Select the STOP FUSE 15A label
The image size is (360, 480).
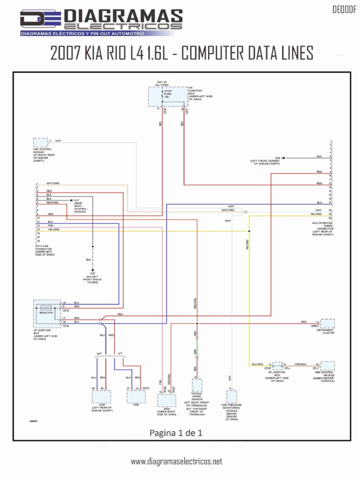pos(168,94)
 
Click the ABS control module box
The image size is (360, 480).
pos(41,142)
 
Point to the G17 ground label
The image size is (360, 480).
pos(77,200)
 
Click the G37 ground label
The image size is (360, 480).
pos(92,273)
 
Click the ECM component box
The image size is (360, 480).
pos(102,396)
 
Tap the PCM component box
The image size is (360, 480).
pos(136,396)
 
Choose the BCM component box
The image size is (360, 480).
pos(167,401)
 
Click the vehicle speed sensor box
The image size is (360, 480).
pos(196,385)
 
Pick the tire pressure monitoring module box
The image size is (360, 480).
pos(232,397)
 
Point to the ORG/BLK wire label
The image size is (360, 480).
pos(300,364)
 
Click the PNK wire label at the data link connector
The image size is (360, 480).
pos(51,225)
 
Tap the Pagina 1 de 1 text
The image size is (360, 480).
pos(176,433)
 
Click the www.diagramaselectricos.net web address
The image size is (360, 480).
pos(176,462)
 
